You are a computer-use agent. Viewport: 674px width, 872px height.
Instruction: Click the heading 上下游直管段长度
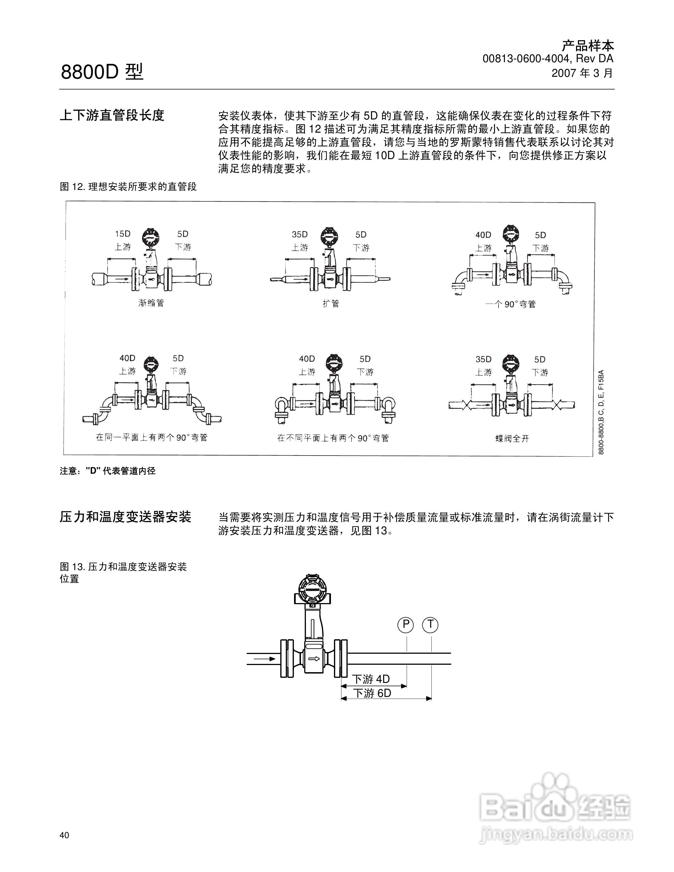pyautogui.click(x=112, y=115)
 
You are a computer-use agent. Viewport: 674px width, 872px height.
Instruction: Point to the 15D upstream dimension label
pyautogui.click(x=123, y=234)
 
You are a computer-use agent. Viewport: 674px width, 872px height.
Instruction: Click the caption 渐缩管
pyautogui.click(x=151, y=303)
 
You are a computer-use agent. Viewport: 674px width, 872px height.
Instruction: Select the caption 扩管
pyautogui.click(x=331, y=303)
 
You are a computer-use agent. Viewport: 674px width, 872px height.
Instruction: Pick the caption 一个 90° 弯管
pyautogui.click(x=511, y=304)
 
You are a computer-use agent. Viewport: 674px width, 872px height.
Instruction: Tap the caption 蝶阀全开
pyautogui.click(x=512, y=438)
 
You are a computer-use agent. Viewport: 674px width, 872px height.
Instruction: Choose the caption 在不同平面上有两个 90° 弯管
pyautogui.click(x=333, y=438)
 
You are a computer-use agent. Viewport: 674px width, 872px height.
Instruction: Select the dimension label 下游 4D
pyautogui.click(x=371, y=679)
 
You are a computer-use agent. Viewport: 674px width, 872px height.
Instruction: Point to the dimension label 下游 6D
pyautogui.click(x=372, y=693)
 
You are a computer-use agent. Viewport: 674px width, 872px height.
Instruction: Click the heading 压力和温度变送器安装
pyautogui.click(x=125, y=517)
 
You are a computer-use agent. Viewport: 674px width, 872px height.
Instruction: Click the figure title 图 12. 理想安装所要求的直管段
pyautogui.click(x=128, y=186)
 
